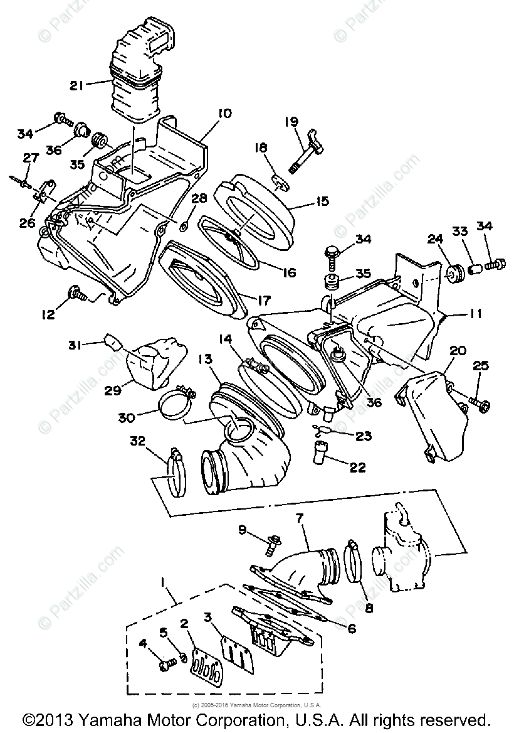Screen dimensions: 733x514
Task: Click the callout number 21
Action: [76, 85]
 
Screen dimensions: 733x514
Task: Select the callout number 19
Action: [291, 122]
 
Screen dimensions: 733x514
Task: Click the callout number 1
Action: [164, 582]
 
